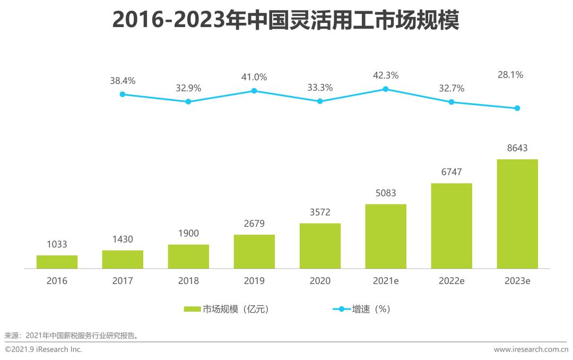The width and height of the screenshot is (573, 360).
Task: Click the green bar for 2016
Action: tap(57, 262)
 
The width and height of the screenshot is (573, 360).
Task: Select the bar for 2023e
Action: tap(517, 213)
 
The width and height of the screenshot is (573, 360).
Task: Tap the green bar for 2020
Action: tap(320, 246)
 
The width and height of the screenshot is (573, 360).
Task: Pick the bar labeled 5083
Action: tap(386, 236)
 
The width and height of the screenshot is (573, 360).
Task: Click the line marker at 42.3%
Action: tap(386, 89)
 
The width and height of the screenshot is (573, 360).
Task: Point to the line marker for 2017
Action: tap(123, 94)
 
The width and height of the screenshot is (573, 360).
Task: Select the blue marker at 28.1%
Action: tap(517, 108)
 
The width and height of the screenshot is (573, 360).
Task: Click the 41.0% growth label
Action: tap(254, 78)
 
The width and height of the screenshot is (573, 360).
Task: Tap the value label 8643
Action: tap(517, 148)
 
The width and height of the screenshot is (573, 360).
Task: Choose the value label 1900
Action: tap(188, 234)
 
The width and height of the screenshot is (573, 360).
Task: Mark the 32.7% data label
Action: tap(452, 89)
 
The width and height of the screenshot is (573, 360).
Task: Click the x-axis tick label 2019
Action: tap(254, 281)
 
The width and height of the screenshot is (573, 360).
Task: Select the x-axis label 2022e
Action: tap(452, 281)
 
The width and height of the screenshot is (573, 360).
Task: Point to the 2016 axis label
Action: tap(57, 281)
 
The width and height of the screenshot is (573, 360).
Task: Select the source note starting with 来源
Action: tap(72, 335)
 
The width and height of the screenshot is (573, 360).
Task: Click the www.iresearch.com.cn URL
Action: tap(531, 349)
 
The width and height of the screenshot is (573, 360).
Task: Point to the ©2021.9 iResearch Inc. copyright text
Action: tap(44, 349)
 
